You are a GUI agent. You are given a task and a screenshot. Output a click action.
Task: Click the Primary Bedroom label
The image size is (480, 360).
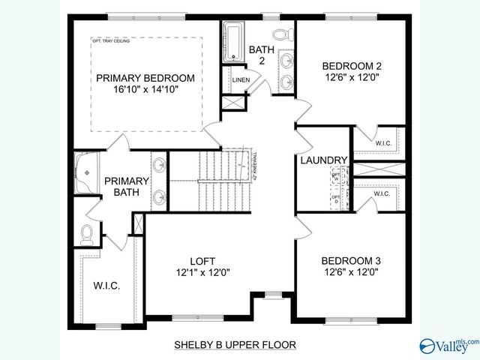145,78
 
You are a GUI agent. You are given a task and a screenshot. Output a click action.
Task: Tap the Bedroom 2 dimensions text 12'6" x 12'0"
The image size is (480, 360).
351,76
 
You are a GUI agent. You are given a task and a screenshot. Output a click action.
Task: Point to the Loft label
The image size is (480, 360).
197,261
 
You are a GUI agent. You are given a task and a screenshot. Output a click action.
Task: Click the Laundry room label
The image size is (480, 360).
323,160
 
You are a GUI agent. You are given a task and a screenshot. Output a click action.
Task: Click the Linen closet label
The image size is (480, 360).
241,79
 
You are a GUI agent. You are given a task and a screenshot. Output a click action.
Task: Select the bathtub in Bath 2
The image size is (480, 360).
232,41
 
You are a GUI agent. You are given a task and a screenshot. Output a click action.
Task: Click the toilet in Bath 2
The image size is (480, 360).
282,34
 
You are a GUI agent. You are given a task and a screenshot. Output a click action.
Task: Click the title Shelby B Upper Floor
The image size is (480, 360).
235,345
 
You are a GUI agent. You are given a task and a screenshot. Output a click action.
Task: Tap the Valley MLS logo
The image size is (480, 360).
448,344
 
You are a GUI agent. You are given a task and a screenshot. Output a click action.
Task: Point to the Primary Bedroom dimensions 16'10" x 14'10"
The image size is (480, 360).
145,89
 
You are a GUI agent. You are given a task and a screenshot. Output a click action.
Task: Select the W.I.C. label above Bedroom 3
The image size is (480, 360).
382,193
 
